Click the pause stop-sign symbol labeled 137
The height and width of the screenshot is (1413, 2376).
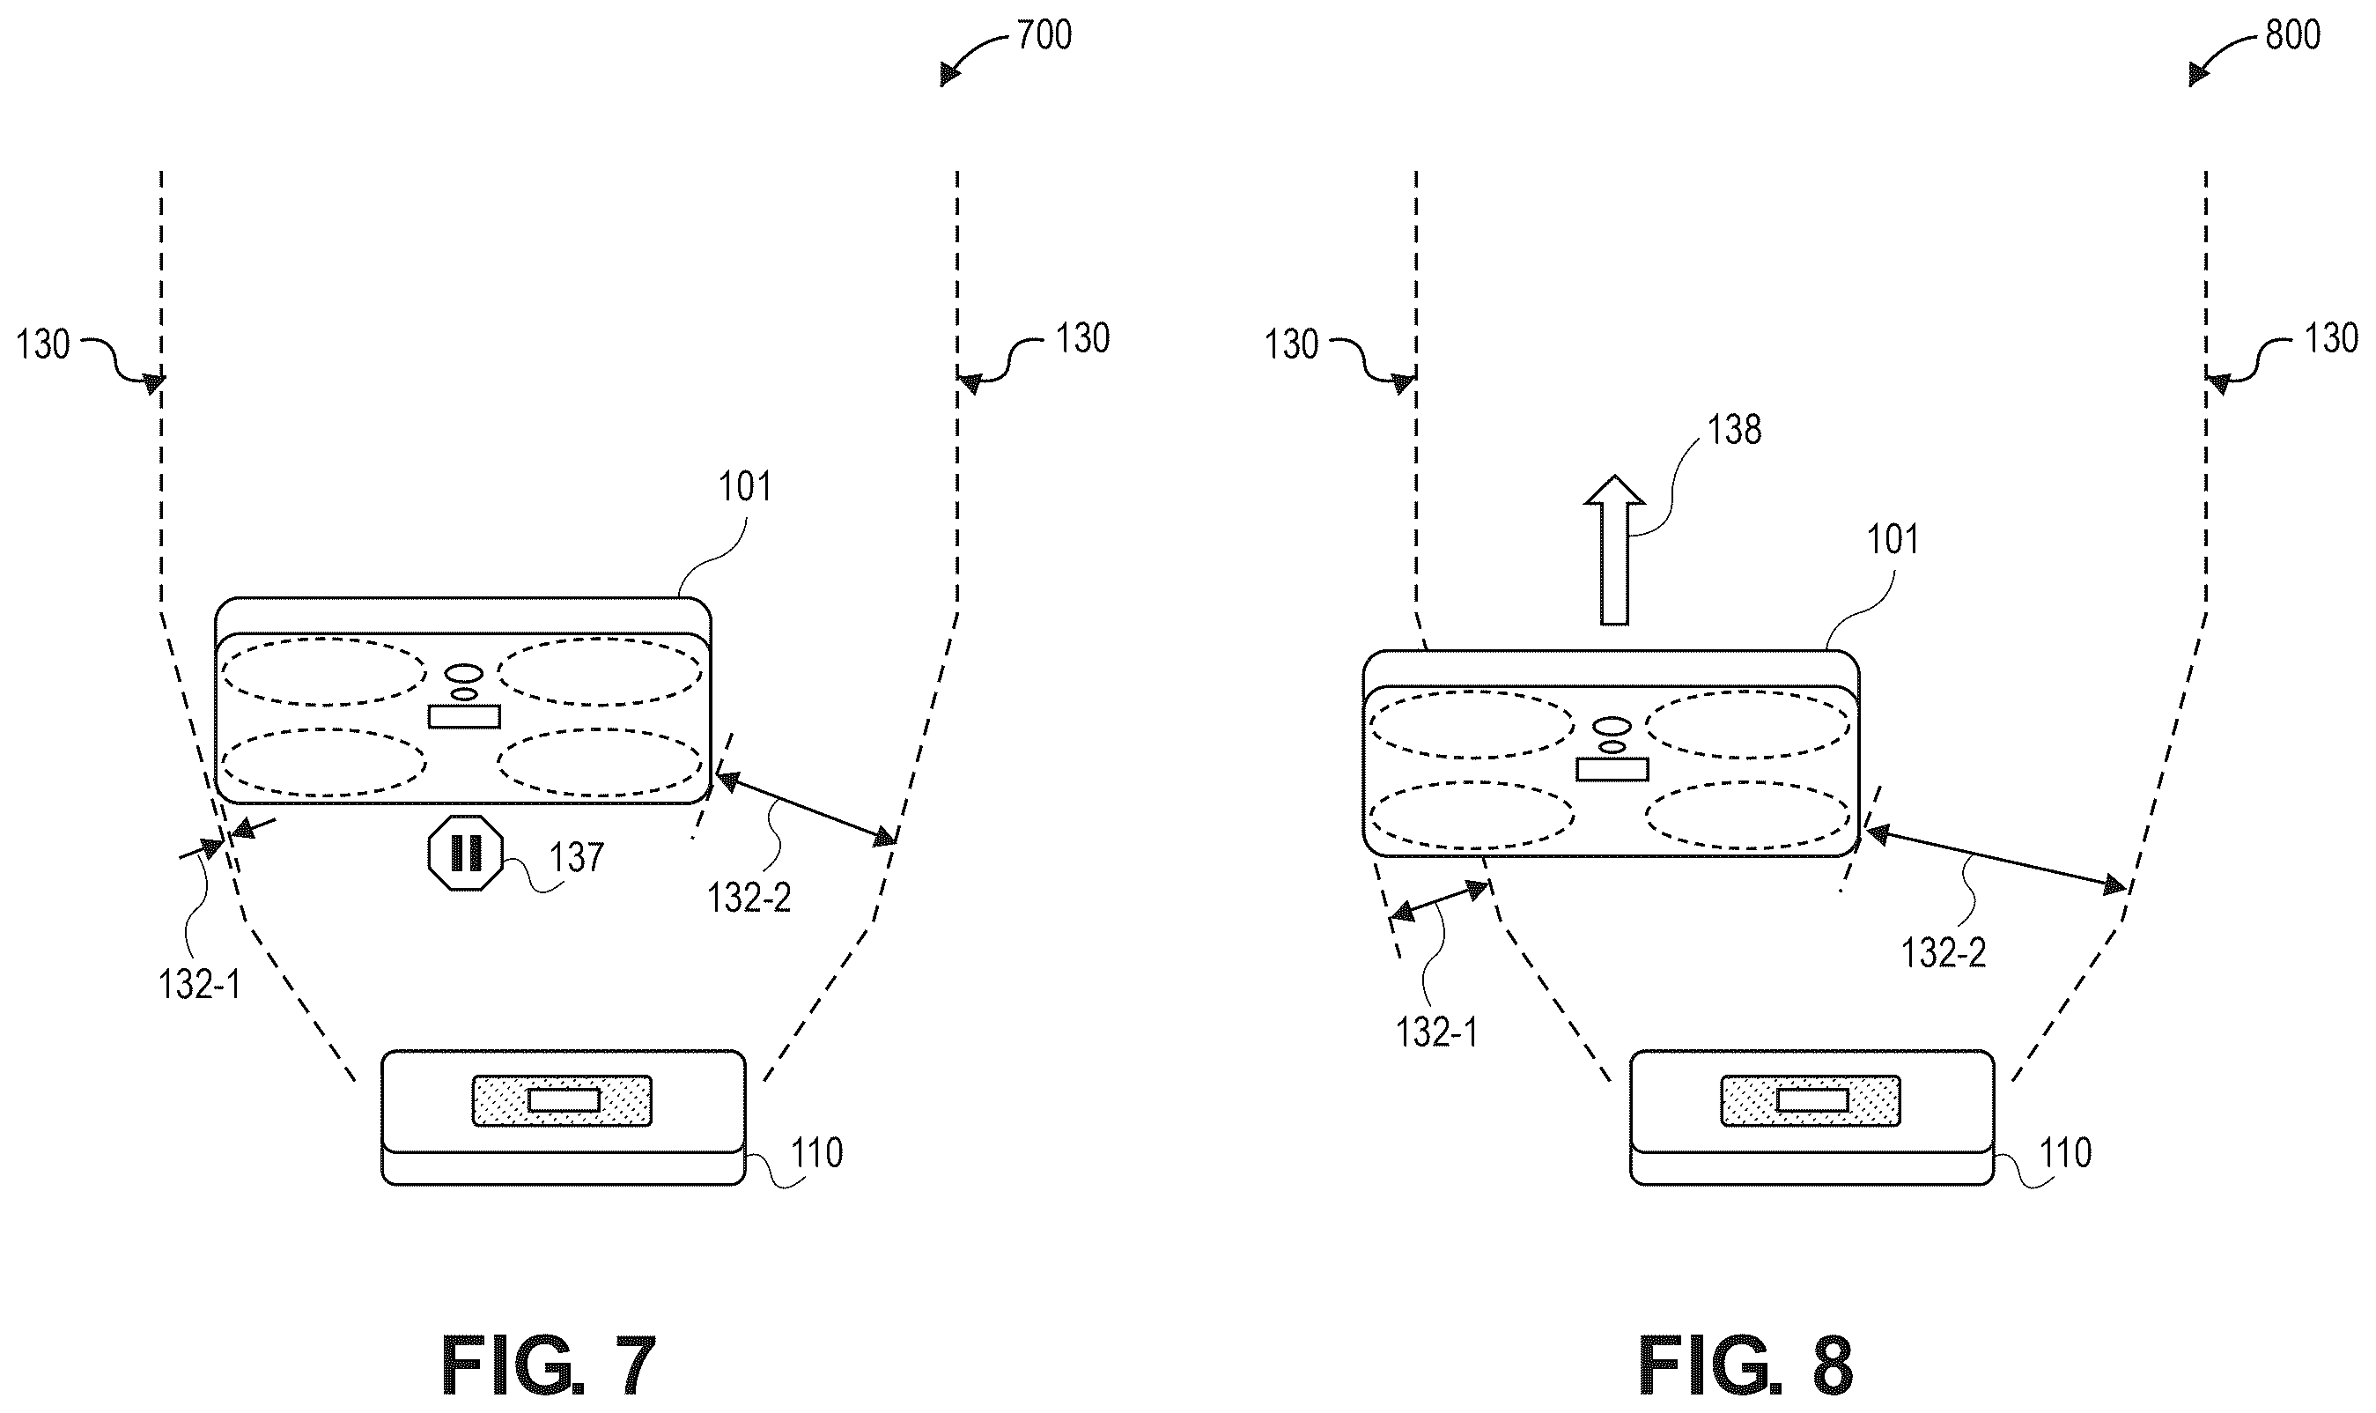466,852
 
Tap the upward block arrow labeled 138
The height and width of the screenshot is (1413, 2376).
1613,550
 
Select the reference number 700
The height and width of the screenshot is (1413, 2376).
1044,35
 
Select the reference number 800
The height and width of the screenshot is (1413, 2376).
2292,35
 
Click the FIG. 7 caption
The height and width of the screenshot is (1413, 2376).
549,1365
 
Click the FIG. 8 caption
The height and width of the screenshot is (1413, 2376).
1745,1365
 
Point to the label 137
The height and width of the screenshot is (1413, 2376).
576,857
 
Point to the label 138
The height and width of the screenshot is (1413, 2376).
1734,431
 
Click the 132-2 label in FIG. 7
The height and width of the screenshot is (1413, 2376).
749,897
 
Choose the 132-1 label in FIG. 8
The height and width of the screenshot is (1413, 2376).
1436,1032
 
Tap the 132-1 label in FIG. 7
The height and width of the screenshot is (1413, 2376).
199,985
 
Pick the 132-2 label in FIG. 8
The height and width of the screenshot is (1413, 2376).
1944,952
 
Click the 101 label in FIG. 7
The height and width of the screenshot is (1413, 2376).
744,487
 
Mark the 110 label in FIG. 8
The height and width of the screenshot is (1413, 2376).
2065,1153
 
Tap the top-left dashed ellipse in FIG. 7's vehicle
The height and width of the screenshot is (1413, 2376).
324,672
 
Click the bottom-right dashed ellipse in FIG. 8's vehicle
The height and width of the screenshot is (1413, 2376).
1749,816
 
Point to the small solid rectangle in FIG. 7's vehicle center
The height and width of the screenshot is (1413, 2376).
463,716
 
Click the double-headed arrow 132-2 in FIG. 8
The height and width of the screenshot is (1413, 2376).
1995,861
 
